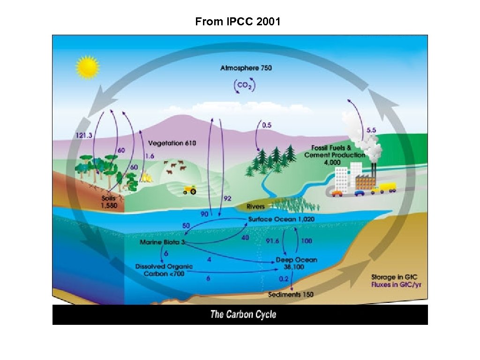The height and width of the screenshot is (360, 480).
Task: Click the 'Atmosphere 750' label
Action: click(246, 68)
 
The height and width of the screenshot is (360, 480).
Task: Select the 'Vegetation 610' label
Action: click(172, 143)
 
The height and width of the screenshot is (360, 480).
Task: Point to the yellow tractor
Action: click(189, 190)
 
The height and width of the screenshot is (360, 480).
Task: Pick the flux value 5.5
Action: click(372, 131)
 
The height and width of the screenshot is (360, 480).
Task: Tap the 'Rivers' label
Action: click(256, 206)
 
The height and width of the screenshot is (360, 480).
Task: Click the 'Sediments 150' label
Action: click(291, 295)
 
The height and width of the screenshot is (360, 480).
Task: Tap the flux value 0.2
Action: click(284, 279)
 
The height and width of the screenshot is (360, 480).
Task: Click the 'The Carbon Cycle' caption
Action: click(243, 314)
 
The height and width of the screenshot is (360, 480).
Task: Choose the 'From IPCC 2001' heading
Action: click(238, 22)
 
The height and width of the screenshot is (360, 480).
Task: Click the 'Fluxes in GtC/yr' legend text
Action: click(397, 284)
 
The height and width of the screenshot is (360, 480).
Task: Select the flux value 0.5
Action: click(267, 125)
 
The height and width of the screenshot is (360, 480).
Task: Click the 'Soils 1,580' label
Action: click(111, 202)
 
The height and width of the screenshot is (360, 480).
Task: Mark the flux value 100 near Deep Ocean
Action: click(307, 241)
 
